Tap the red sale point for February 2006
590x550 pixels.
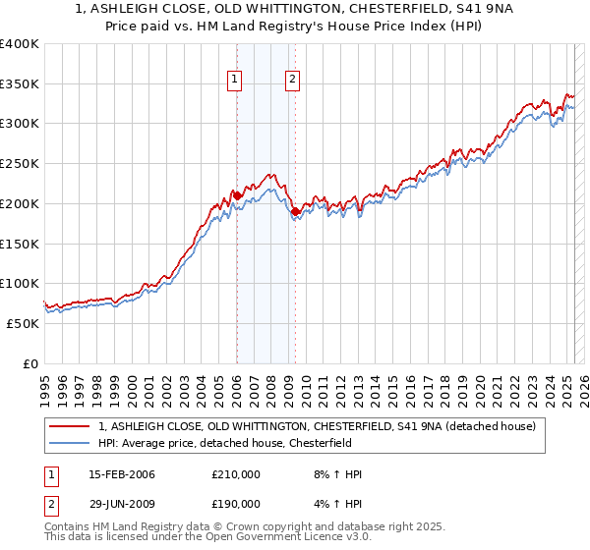coord(237,195)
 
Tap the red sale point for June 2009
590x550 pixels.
coord(295,211)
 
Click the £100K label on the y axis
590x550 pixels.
coord(20,284)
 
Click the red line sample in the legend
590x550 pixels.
coord(70,426)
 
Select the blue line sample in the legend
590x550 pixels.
coord(70,443)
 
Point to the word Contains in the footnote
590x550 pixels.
coord(68,527)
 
